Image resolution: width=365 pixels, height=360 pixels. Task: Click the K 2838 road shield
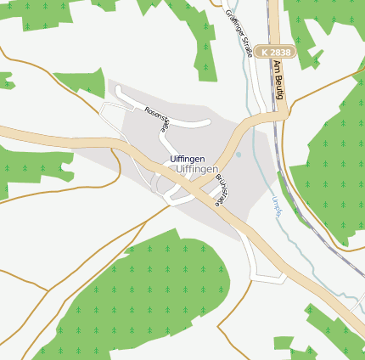pyautogui.click(x=275, y=52)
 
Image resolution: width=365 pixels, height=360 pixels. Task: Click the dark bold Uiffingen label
pyautogui.click(x=187, y=160)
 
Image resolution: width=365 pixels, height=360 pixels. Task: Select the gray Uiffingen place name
pyautogui.click(x=194, y=170)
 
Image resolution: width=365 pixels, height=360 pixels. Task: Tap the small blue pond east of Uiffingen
pyautogui.click(x=239, y=155)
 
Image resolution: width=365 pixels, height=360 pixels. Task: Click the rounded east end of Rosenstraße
pyautogui.click(x=208, y=122)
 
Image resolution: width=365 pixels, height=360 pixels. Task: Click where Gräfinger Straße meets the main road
pyautogui.click(x=255, y=120)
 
